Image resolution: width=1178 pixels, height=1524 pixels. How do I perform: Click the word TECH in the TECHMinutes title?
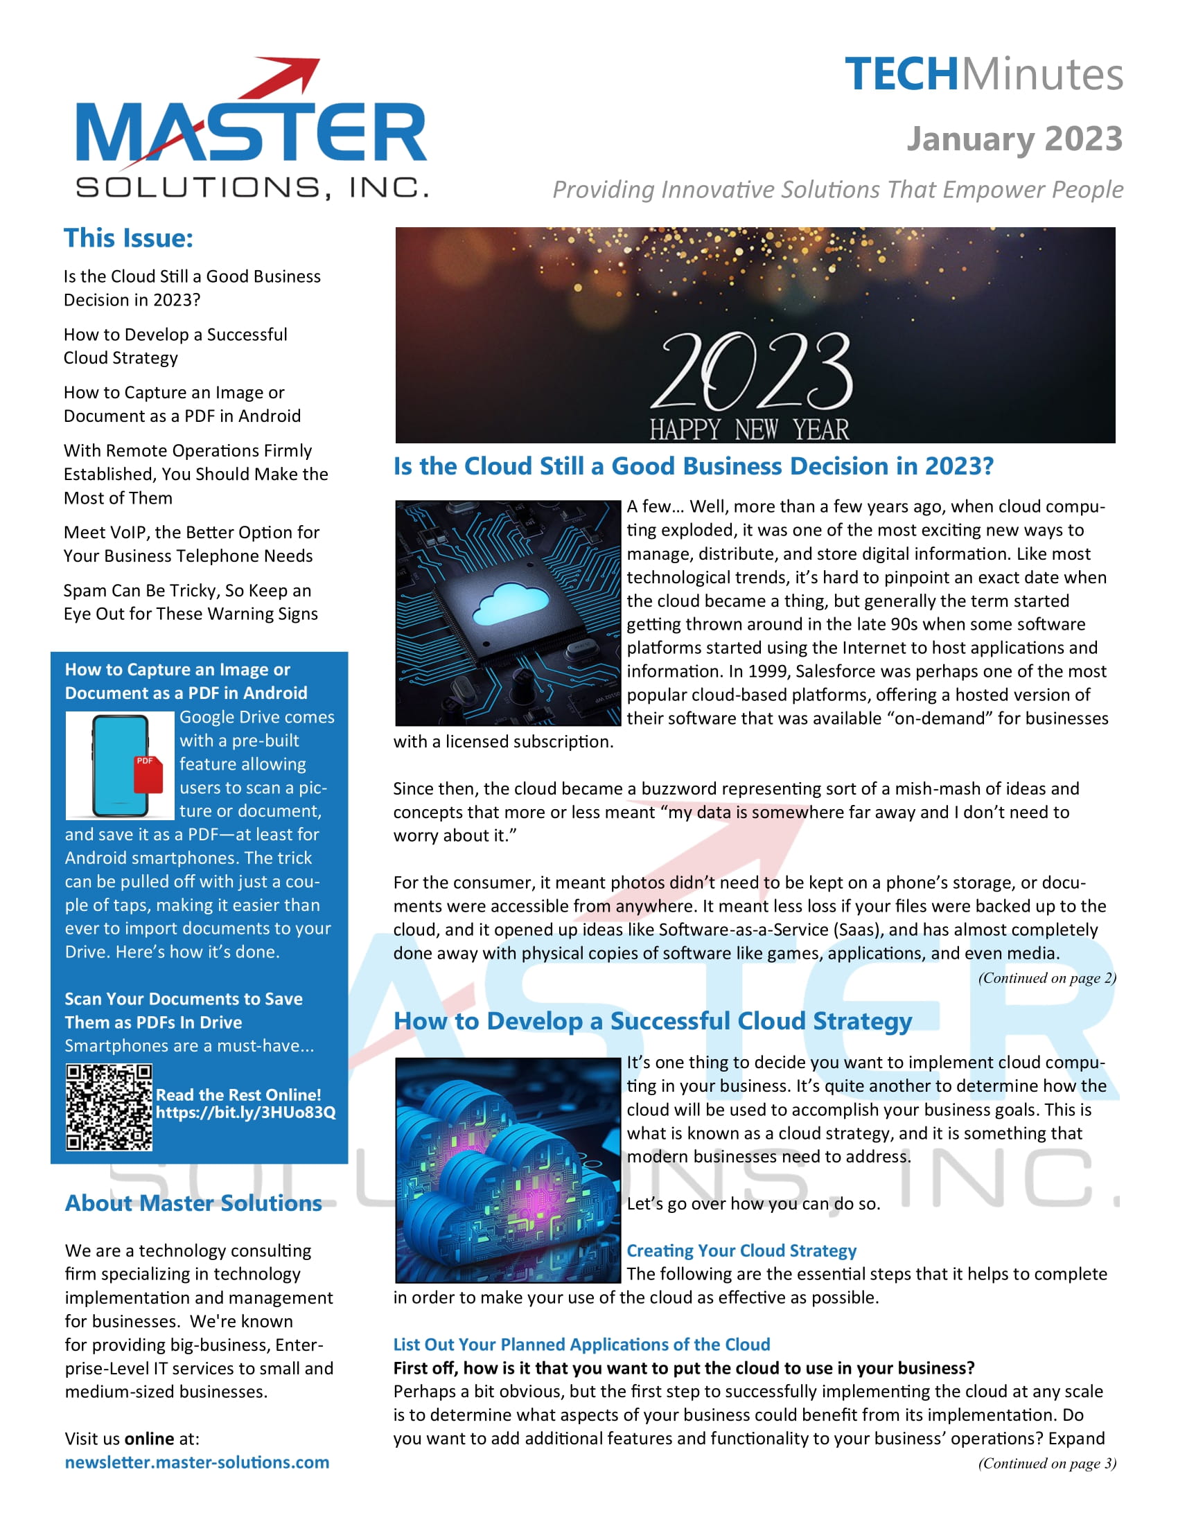[901, 75]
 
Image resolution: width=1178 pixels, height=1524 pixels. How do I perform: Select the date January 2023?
[1014, 139]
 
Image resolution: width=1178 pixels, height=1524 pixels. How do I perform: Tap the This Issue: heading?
[128, 238]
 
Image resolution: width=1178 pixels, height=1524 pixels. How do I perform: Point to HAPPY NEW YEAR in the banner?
[749, 429]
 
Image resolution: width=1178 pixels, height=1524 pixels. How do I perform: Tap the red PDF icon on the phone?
[148, 774]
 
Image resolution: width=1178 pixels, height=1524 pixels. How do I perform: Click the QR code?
[109, 1107]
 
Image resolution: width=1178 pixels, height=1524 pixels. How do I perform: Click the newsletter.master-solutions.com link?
[197, 1462]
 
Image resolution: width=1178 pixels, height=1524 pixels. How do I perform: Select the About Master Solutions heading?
[193, 1203]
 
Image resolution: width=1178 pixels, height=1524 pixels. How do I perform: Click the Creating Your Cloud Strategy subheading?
[741, 1250]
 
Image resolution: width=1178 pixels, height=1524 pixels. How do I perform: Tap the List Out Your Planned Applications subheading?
[581, 1344]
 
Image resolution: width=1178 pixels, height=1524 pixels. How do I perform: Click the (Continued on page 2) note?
[1046, 977]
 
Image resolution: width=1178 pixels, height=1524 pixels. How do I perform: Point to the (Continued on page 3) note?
[1046, 1463]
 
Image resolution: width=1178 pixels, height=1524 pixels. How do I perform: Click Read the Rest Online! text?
[238, 1095]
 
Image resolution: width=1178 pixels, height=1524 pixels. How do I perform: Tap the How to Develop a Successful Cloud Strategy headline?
[653, 1021]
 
